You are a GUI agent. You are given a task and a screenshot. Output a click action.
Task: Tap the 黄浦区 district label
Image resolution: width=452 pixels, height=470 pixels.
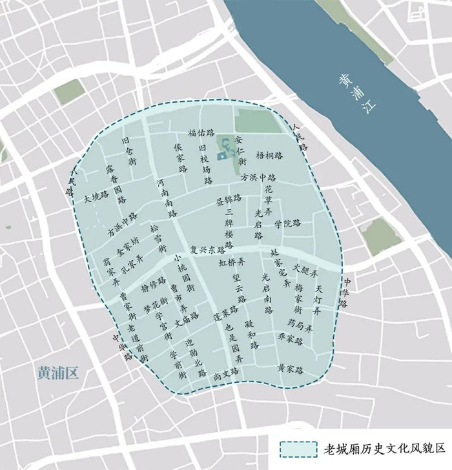coord(57,374)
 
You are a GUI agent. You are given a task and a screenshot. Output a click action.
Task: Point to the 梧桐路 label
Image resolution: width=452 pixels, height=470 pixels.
coord(270,156)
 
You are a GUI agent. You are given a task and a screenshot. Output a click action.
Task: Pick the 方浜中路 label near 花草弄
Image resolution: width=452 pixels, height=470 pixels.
coord(258,177)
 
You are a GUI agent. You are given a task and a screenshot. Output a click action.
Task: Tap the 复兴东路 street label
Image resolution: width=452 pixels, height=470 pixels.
coord(211,248)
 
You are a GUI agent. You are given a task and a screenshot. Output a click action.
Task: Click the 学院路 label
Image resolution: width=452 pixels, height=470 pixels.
coord(287,223)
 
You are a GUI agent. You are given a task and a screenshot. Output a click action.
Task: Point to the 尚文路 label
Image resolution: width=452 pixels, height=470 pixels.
coord(226,373)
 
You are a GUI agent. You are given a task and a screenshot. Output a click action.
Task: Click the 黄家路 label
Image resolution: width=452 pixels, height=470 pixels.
coord(291,369)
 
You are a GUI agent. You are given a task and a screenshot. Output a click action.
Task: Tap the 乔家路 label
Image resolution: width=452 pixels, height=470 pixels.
coord(291,338)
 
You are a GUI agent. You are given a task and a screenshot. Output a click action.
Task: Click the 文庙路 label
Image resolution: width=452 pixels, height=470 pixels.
coord(186,318)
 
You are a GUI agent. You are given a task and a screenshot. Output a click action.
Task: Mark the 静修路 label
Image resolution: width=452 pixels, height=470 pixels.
coord(153,285)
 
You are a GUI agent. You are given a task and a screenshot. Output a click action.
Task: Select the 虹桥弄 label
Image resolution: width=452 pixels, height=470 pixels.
coord(232,263)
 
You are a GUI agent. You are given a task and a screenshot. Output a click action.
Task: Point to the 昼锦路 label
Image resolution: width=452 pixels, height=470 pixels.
coord(229,198)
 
